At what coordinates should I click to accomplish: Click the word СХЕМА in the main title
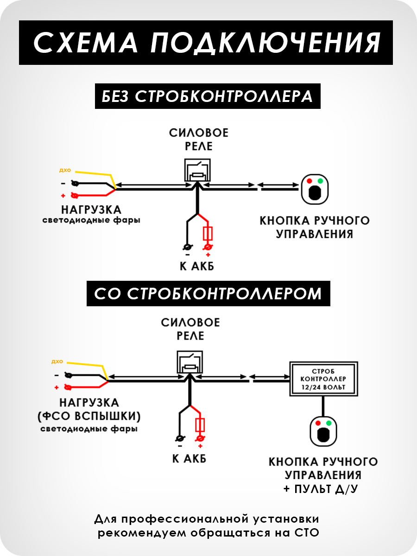[x=86, y=42]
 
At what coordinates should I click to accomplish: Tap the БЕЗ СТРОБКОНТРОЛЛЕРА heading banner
[x=208, y=96]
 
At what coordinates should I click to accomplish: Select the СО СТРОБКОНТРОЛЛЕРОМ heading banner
[x=208, y=293]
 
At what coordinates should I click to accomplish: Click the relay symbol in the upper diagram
[x=198, y=171]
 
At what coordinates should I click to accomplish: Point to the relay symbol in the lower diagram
[x=190, y=362]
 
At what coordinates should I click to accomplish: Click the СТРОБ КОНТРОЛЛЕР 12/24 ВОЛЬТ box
[x=323, y=379]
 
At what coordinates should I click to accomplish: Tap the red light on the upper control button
[x=309, y=181]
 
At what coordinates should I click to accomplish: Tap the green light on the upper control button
[x=320, y=181]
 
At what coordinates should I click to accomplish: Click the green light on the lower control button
[x=329, y=423]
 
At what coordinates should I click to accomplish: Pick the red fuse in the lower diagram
[x=200, y=425]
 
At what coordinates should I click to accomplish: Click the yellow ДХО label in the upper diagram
[x=64, y=170]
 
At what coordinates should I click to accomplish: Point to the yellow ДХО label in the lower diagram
[x=57, y=361]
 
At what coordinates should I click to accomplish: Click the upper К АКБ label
[x=197, y=267]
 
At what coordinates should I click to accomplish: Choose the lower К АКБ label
[x=189, y=459]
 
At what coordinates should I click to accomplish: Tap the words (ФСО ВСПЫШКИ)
[x=89, y=416]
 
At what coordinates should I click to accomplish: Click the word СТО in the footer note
[x=307, y=532]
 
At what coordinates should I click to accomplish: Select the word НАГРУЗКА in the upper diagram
[x=91, y=209]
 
